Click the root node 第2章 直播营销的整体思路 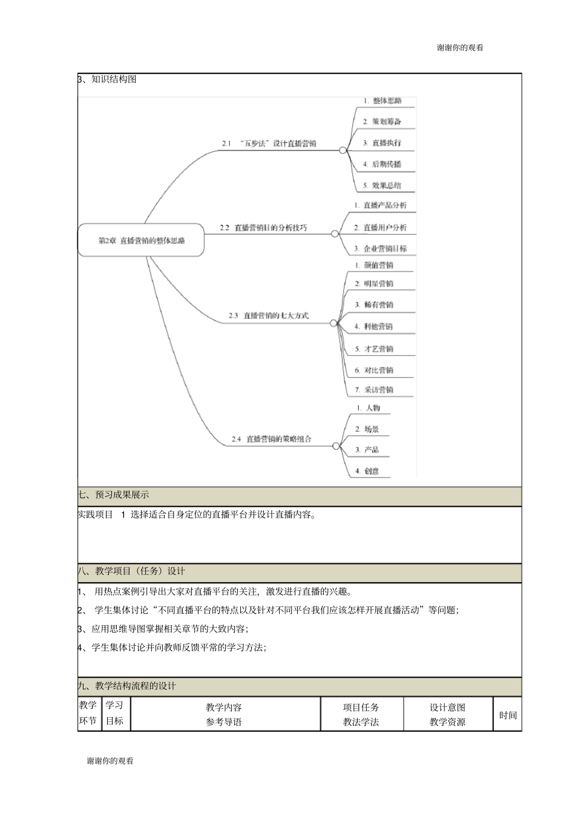pyautogui.click(x=141, y=240)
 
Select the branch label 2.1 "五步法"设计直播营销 pyautogui.click(x=269, y=143)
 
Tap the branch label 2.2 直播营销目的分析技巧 pyautogui.click(x=263, y=228)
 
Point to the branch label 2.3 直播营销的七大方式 pyautogui.click(x=268, y=315)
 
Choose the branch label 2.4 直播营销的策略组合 pyautogui.click(x=271, y=439)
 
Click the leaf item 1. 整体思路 pyautogui.click(x=383, y=100)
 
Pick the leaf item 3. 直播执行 pyautogui.click(x=382, y=143)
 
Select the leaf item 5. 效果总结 pyautogui.click(x=382, y=185)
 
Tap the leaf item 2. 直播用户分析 pyautogui.click(x=380, y=228)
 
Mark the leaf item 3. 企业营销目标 pyautogui.click(x=380, y=248)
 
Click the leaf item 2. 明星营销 pyautogui.click(x=374, y=283)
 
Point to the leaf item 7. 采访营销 pyautogui.click(x=374, y=389)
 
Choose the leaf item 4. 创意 pyautogui.click(x=367, y=471)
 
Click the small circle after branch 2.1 pyautogui.click(x=343, y=150)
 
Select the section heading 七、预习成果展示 pyautogui.click(x=114, y=495)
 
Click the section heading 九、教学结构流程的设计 pyautogui.click(x=127, y=686)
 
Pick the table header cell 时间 pyautogui.click(x=508, y=715)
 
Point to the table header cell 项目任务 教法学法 pyautogui.click(x=361, y=714)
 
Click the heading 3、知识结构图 pyautogui.click(x=108, y=79)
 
